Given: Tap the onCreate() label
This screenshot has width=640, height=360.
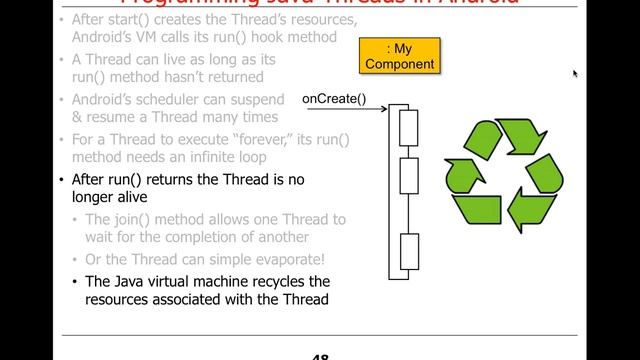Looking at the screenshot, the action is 334,98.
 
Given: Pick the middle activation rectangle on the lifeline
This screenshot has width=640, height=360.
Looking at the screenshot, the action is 407,176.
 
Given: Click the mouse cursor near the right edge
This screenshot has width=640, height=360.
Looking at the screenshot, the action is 575,73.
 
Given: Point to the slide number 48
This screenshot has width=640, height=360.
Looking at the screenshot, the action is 320,355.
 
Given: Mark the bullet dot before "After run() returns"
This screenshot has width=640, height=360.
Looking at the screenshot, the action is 62,181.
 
